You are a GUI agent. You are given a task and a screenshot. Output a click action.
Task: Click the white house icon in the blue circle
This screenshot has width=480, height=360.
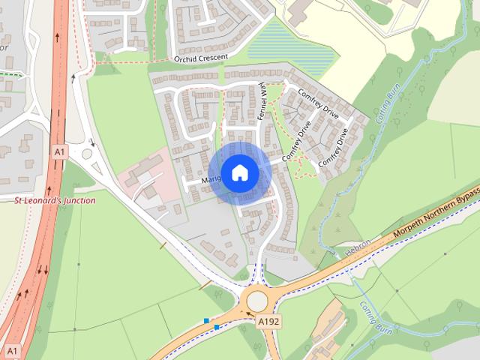239,173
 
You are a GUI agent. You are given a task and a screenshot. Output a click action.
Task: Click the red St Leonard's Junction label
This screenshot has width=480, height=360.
55,200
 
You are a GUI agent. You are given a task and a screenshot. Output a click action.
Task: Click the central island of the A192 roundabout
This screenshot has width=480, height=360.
257,301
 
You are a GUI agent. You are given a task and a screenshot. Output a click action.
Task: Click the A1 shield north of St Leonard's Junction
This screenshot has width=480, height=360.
60,151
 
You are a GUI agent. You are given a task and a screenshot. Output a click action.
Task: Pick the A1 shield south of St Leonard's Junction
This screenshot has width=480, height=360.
10,350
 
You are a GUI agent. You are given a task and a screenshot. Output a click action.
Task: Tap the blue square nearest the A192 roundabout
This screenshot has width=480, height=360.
217,327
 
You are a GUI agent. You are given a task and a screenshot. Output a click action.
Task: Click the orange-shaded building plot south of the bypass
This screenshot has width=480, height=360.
323,330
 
